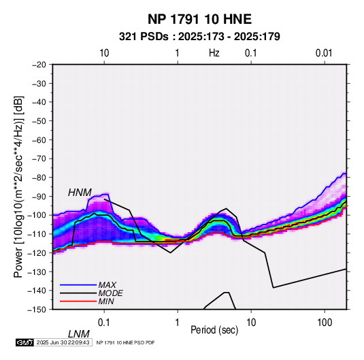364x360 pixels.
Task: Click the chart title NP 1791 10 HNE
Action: pos(199,19)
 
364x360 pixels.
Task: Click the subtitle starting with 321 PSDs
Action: pos(199,37)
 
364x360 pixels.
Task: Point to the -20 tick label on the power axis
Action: pos(39,65)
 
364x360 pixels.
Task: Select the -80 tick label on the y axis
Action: pos(39,178)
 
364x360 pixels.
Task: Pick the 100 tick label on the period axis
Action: pos(325,322)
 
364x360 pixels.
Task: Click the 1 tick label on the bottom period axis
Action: pos(178,322)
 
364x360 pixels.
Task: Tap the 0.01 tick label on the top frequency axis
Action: pos(324,53)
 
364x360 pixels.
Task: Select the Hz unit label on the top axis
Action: pos(214,53)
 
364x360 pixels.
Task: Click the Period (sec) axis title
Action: pos(214,330)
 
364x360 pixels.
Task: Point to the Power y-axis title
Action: pos(18,187)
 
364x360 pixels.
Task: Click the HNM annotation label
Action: pos(80,193)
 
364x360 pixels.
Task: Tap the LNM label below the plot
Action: pos(79,334)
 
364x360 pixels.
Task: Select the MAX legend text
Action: pos(107,285)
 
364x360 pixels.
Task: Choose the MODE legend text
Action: pos(110,293)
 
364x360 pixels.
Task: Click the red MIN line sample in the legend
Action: pos(78,301)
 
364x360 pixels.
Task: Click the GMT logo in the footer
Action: pos(24,342)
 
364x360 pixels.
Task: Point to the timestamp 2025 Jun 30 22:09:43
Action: pos(63,342)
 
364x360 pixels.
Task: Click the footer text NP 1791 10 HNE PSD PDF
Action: pos(125,342)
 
